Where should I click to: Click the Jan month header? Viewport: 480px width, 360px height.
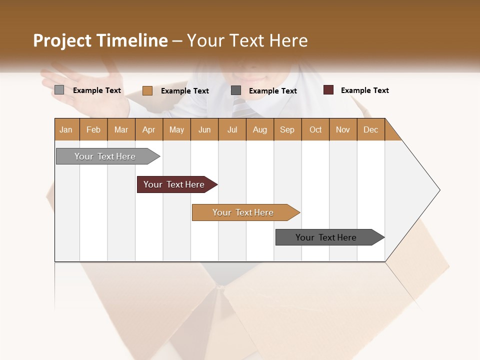point(66,129)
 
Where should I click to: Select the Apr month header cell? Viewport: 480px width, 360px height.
point(149,129)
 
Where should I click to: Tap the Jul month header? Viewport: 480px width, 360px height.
point(232,129)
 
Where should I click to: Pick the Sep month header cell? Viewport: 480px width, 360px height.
point(287,129)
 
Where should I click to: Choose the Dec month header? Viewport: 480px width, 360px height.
point(371,129)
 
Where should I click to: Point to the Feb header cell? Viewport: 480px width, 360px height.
point(93,129)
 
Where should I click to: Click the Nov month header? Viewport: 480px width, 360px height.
point(343,129)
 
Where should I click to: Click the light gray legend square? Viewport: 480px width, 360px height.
point(59,90)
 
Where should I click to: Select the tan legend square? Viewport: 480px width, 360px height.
point(147,90)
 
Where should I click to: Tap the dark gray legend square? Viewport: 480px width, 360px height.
point(236,90)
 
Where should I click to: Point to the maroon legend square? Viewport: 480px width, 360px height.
point(328,90)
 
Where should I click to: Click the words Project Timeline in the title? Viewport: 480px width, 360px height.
point(100,40)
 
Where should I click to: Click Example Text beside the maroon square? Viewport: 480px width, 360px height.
point(364,90)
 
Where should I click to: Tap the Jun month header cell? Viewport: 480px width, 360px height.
point(204,129)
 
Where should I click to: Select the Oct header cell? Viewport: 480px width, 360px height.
point(315,129)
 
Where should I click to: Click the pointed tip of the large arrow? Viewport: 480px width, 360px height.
point(438,190)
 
